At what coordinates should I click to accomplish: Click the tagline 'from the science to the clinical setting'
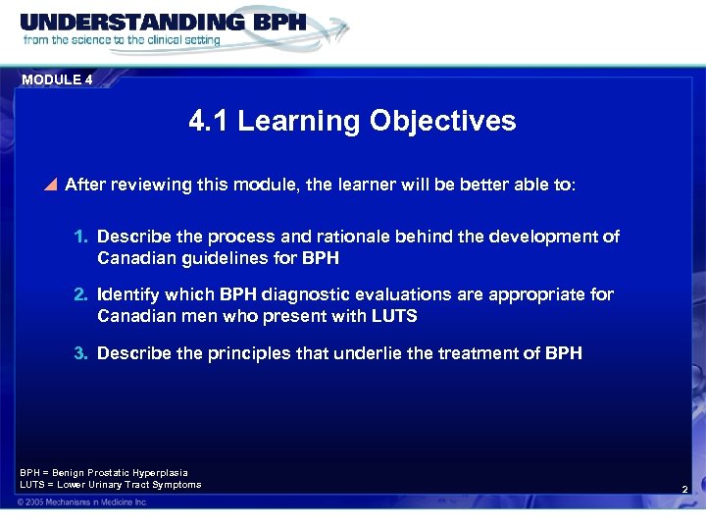click(x=122, y=40)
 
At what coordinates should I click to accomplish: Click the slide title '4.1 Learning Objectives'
click(x=352, y=121)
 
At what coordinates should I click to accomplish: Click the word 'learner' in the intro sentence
click(x=369, y=185)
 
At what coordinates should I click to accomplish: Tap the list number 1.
click(x=81, y=238)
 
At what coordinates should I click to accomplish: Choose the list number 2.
click(x=81, y=294)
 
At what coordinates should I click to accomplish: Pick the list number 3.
click(x=81, y=352)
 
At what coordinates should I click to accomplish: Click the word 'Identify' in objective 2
click(x=129, y=294)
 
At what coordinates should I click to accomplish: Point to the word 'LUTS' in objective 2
click(x=394, y=316)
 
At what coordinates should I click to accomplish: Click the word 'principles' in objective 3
click(x=245, y=352)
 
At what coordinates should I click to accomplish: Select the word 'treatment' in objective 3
click(x=471, y=352)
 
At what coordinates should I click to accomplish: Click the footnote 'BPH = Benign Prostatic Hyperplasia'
click(x=104, y=472)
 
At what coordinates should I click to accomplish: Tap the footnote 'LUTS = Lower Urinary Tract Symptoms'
click(x=110, y=484)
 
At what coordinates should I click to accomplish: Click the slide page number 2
click(x=684, y=488)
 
